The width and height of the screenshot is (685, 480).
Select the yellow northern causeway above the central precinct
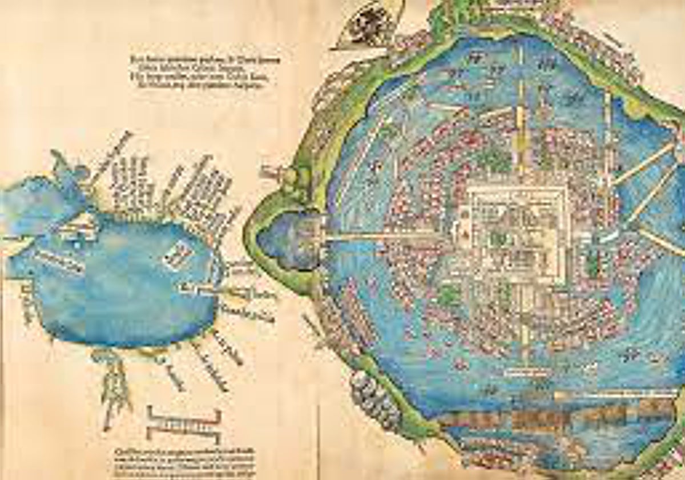[x=520, y=114]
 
